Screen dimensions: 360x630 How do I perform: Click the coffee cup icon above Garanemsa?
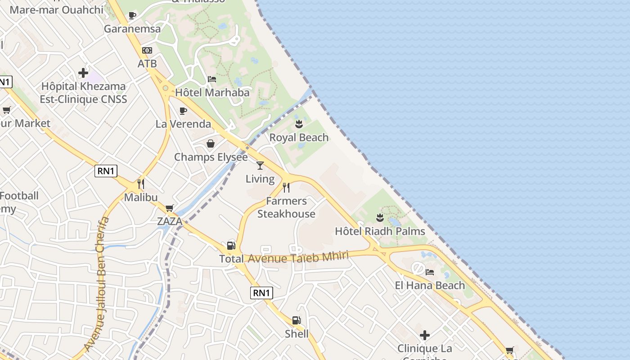tap(132, 16)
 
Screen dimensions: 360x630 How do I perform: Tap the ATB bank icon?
tap(147, 50)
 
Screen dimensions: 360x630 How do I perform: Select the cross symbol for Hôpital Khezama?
tap(83, 72)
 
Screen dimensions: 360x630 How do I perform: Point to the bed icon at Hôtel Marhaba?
tap(212, 79)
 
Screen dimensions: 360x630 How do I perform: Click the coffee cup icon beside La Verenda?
tap(183, 111)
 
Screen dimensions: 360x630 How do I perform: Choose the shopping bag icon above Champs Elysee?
tap(210, 144)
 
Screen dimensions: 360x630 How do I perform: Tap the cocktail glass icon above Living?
tap(260, 166)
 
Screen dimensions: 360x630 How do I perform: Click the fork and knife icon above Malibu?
tap(141, 184)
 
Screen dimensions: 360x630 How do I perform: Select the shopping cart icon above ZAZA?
tap(170, 208)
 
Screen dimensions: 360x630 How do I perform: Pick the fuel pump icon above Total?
tap(231, 245)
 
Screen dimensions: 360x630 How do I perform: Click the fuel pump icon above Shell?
tap(296, 320)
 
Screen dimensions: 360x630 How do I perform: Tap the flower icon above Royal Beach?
tap(299, 124)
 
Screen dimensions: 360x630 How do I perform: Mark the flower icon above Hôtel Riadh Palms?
tap(380, 218)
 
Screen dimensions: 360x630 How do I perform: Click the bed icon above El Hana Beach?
tap(430, 272)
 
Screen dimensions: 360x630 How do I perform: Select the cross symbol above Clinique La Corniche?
tap(424, 335)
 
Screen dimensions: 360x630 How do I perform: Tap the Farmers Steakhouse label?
tap(286, 207)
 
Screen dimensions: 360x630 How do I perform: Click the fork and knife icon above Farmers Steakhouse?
tap(286, 187)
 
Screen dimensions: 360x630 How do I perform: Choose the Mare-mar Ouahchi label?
tap(56, 9)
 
